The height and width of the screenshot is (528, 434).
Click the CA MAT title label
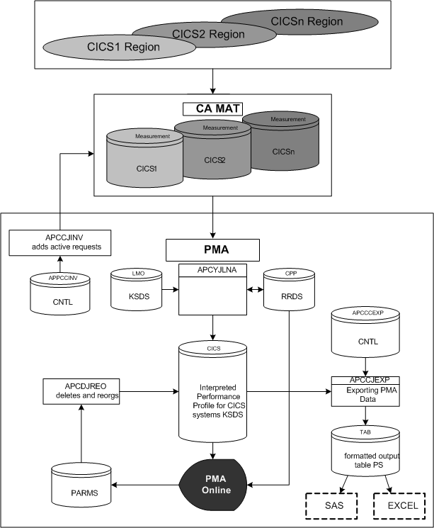coord(212,109)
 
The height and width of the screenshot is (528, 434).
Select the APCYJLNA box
coord(212,291)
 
